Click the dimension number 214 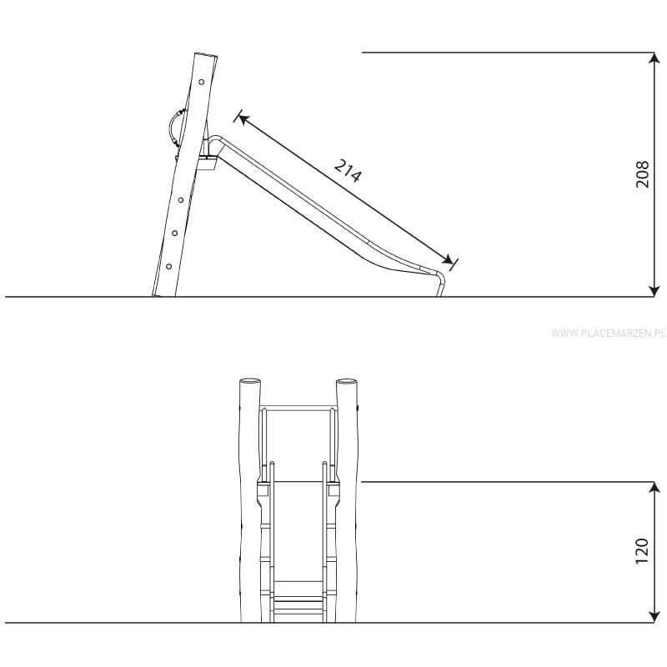348,171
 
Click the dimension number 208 642,174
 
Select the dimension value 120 642,551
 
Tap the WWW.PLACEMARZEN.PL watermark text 609,333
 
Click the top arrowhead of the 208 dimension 654,58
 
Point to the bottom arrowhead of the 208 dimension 654,291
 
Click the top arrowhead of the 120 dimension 654,488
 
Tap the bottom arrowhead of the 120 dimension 654,617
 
